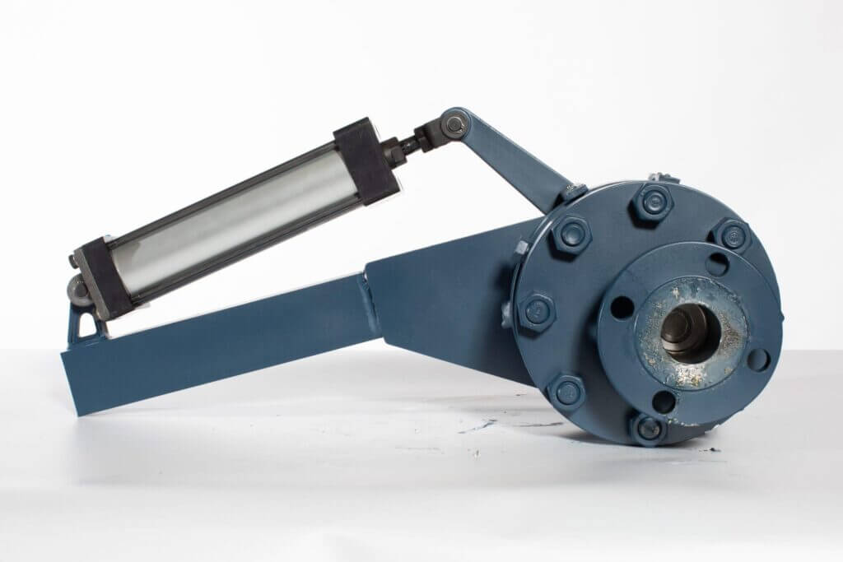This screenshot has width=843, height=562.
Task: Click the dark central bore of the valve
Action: (691, 330)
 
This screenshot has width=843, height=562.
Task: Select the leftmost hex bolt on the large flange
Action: (535, 311)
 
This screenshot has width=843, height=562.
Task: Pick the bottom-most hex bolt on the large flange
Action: (650, 428)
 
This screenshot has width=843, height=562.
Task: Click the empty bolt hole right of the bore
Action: (759, 360)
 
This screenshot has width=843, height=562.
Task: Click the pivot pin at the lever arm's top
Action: (452, 124)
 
